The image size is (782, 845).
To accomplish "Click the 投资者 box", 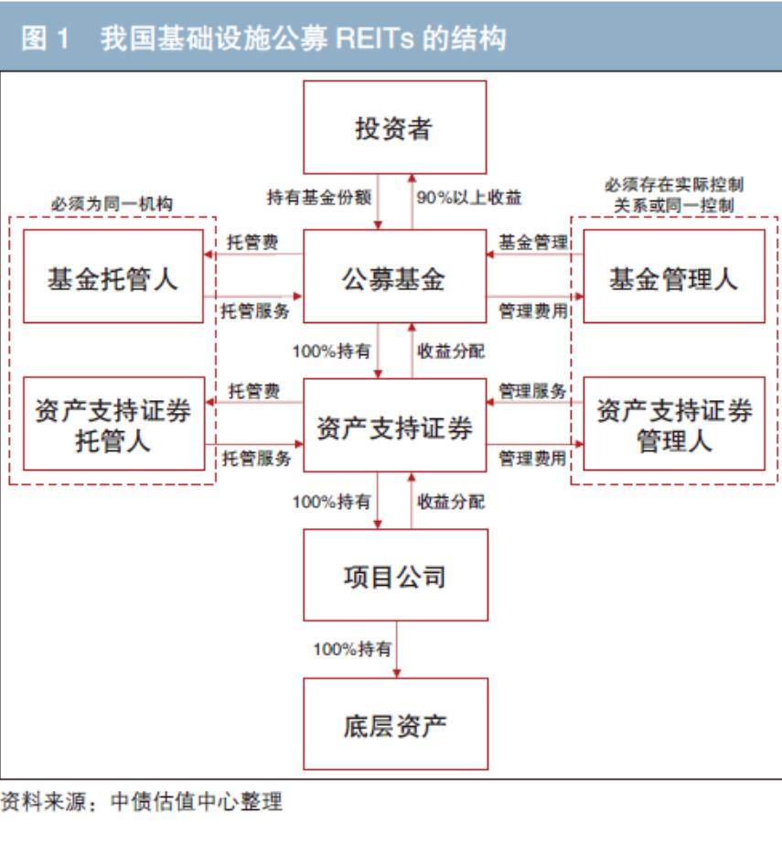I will [x=394, y=127].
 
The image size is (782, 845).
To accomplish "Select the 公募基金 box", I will [x=394, y=276].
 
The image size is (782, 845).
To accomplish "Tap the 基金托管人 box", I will [x=112, y=276].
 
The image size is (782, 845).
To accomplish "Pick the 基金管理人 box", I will [x=673, y=276].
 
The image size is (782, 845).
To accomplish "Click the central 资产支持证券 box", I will [x=394, y=426].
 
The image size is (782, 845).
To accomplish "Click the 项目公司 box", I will [x=394, y=576].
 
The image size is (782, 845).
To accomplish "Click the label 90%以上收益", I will [x=469, y=197].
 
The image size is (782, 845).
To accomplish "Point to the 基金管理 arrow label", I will [x=532, y=243].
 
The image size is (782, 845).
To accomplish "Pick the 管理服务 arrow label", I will [x=532, y=392].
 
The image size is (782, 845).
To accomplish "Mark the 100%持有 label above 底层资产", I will [x=352, y=649].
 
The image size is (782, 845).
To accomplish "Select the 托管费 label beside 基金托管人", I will [x=253, y=243].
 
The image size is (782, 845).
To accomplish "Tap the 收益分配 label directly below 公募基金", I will [x=451, y=352].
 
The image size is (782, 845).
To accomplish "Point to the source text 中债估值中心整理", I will [x=196, y=803].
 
